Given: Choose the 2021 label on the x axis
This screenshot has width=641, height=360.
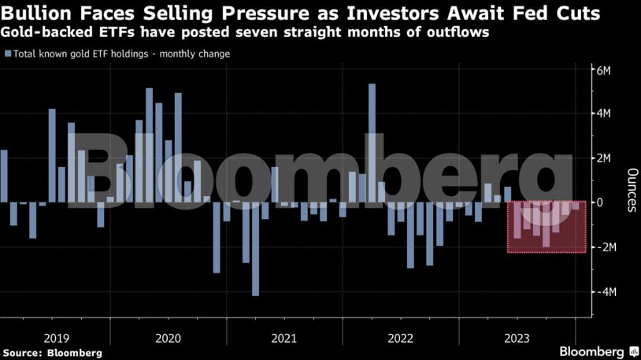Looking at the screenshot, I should coord(283,338).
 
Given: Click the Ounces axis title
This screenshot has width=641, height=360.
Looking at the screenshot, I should coord(631,190).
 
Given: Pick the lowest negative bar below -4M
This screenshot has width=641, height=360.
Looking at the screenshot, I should coord(255,249).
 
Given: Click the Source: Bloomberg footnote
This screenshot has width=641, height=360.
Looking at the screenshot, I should coord(52,353).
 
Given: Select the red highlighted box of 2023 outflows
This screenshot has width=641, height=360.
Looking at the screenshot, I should coord(547,227).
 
